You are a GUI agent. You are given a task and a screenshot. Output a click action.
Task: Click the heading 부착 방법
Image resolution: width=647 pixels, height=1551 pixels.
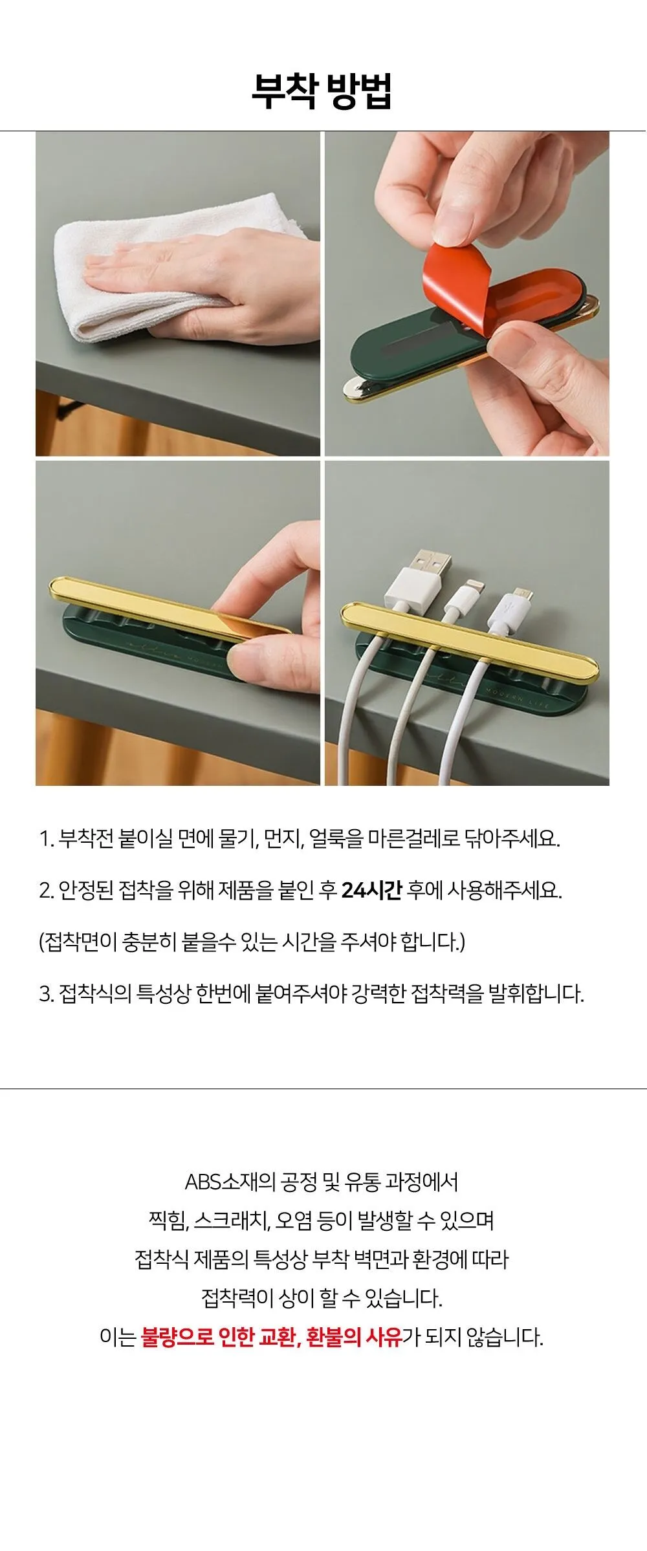(322, 92)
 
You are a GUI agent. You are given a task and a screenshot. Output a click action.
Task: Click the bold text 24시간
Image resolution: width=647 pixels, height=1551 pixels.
(371, 890)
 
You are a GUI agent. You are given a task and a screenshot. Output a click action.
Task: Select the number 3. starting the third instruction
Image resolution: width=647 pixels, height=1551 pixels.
(47, 993)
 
